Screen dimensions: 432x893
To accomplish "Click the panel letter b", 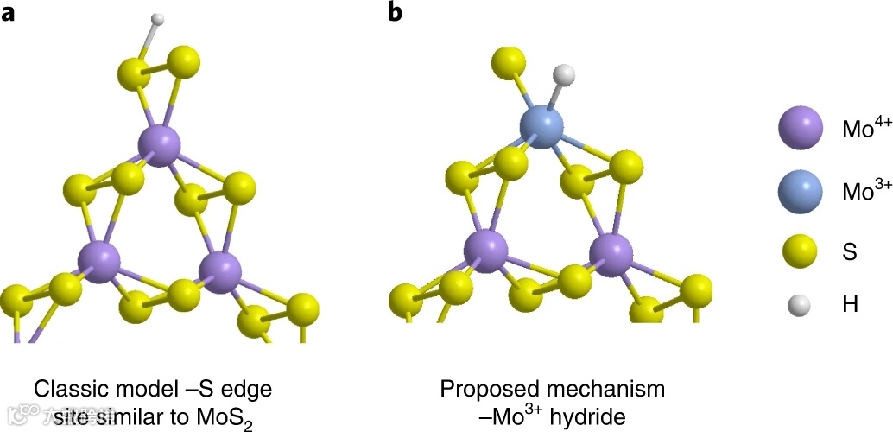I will [395, 14].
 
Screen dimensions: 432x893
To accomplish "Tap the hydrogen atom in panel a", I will [157, 19].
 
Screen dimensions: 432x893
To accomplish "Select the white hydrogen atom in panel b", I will [563, 75].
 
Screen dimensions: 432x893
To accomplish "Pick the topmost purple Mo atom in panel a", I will [182, 144].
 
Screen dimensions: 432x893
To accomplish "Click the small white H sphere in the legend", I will [801, 304].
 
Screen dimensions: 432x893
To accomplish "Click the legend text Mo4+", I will [866, 130].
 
